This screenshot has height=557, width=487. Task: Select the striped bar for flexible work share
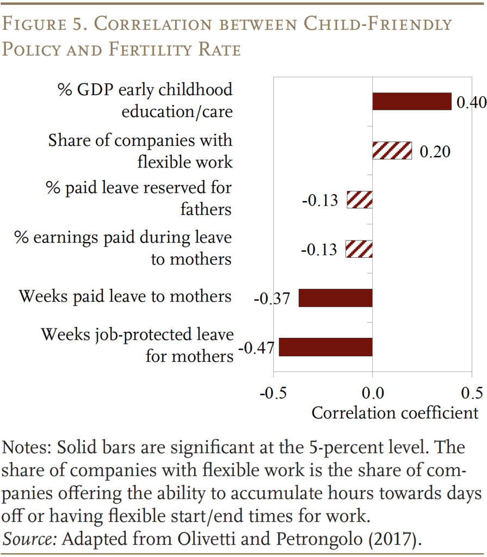[392, 150]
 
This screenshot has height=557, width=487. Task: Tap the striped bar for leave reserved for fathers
[360, 200]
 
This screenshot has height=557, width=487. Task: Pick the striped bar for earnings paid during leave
[360, 249]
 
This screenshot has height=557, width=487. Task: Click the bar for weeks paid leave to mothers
[335, 298]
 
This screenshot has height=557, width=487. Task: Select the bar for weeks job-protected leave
[325, 347]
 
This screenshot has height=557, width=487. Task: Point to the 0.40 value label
[471, 103]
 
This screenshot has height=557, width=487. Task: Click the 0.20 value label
[435, 152]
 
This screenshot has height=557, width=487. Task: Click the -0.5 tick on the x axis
[273, 393]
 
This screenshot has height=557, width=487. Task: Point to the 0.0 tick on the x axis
[372, 393]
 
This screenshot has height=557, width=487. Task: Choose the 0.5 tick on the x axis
[471, 393]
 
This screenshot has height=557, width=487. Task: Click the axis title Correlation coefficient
[394, 413]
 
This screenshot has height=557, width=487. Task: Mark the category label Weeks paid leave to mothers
[125, 296]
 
